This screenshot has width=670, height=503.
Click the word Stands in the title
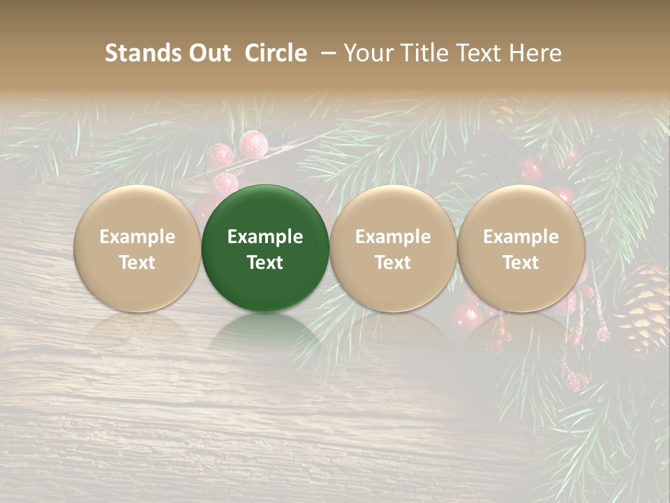[x=137, y=53]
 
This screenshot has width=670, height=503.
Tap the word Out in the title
[x=204, y=53]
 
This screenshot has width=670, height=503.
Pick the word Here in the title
[x=537, y=53]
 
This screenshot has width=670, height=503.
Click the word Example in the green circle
[x=265, y=237]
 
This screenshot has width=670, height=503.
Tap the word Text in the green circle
[x=265, y=263]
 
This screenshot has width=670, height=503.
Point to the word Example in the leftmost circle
[x=137, y=237]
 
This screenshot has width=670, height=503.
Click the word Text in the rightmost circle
[x=521, y=263]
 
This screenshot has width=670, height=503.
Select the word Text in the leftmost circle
[x=137, y=263]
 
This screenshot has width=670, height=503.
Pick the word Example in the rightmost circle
[x=521, y=237]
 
